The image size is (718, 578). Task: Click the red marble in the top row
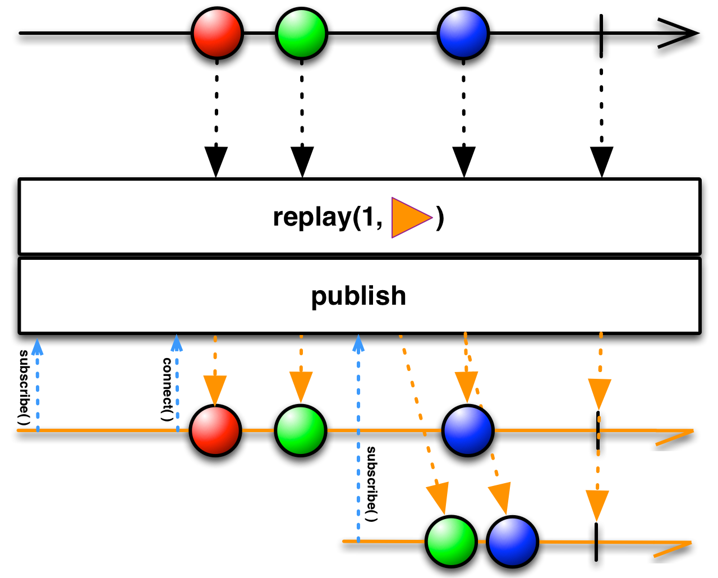tap(217, 33)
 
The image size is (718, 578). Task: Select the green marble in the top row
tap(301, 33)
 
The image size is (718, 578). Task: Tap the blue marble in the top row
tap(463, 33)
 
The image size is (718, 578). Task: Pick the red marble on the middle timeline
tap(215, 430)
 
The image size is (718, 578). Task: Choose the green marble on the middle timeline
tap(301, 430)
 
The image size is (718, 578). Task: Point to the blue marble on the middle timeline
tap(468, 430)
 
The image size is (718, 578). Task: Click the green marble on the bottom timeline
tap(451, 542)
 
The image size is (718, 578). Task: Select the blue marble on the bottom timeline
tap(512, 542)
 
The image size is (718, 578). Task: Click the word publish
tap(358, 296)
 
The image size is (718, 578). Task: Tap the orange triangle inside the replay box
tap(409, 217)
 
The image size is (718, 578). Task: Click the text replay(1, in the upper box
tap(328, 217)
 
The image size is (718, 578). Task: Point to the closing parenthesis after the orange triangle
tap(440, 218)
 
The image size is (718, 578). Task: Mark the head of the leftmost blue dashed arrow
tap(37, 346)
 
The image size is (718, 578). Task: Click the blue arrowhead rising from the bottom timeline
tap(358, 343)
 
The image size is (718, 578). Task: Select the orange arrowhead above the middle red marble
tap(215, 389)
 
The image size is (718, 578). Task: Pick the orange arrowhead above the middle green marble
tap(301, 386)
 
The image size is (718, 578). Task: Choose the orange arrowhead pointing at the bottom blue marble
tap(501, 497)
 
